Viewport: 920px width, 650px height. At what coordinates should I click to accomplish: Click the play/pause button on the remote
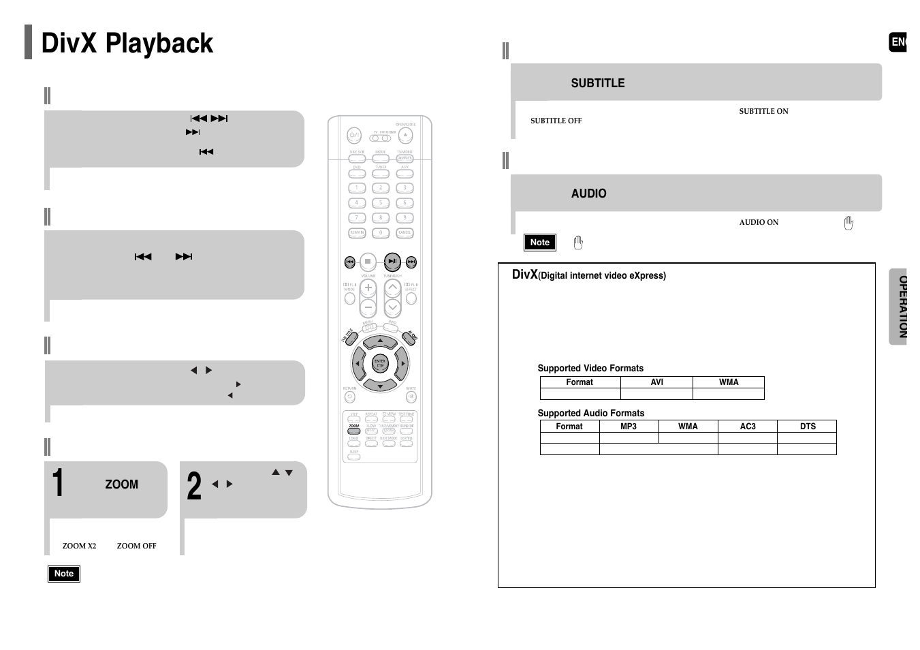click(x=392, y=262)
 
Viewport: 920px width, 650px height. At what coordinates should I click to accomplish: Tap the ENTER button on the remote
click(x=380, y=363)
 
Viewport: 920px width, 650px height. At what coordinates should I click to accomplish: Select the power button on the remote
click(x=354, y=136)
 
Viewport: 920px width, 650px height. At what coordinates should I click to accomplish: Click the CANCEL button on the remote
click(x=405, y=233)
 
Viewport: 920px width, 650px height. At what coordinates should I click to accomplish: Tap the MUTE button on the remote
click(x=411, y=397)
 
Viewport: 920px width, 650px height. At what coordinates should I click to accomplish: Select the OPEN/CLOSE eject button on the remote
click(x=405, y=135)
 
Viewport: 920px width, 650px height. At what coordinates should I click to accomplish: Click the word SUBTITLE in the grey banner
click(x=597, y=83)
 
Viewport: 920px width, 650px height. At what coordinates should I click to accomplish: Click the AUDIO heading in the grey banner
click(x=588, y=194)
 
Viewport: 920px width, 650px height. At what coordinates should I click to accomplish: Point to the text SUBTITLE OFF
click(x=556, y=121)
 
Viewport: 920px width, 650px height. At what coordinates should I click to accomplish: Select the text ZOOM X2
click(x=79, y=546)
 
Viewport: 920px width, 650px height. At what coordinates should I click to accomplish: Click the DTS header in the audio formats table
click(x=807, y=427)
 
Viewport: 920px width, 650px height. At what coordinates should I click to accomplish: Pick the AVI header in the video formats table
click(x=656, y=382)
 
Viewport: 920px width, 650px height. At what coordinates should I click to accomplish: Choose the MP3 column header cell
click(x=628, y=427)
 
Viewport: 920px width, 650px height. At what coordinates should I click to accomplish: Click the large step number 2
click(x=194, y=486)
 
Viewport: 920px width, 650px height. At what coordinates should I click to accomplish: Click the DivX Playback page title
click(x=127, y=44)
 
